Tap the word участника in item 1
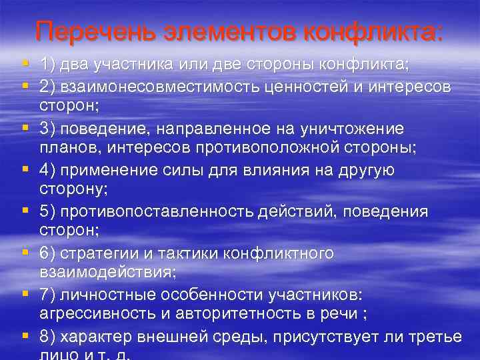(135, 65)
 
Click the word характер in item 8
(94, 337)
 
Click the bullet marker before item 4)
(25, 170)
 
